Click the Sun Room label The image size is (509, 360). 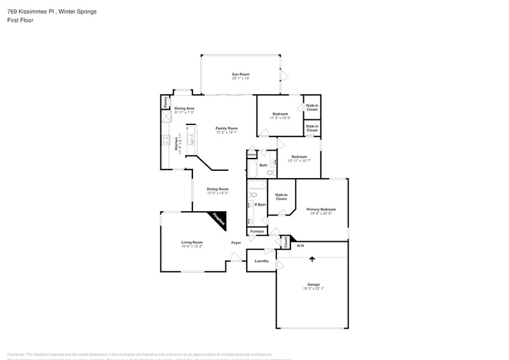coord(240,74)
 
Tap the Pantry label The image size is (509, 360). coord(165,102)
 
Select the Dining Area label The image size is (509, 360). coord(184,108)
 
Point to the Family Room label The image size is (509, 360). coord(226,128)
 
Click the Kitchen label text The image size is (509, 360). coord(176,144)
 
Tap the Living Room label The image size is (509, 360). coord(192,242)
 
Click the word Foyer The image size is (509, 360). coord(236,243)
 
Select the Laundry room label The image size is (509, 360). coord(261,261)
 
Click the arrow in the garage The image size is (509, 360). coord(312,259)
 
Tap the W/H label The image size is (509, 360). coord(300,246)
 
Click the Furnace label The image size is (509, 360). coord(257,231)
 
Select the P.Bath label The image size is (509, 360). coord(260,204)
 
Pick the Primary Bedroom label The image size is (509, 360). coord(321,209)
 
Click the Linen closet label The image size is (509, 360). coord(252,155)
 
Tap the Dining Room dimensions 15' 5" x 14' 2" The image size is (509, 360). coord(217,193)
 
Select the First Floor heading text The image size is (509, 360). coord(20,20)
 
